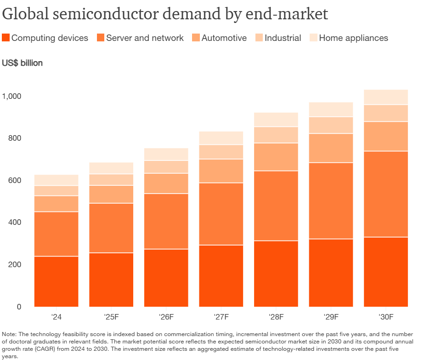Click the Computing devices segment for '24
point(56,281)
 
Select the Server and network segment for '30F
point(386,194)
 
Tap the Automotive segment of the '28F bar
point(276,157)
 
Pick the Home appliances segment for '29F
point(331,109)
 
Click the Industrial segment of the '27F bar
point(221,152)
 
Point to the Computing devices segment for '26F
point(166,278)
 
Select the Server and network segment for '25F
point(111,228)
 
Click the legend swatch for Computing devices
point(6,38)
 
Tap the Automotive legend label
point(224,38)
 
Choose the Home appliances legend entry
point(353,38)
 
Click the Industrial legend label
point(283,38)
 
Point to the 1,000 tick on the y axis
point(12,97)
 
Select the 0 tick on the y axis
point(19,307)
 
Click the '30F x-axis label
point(386,317)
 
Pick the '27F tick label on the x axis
point(221,317)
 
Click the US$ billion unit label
point(23,63)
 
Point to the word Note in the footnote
point(10,334)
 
